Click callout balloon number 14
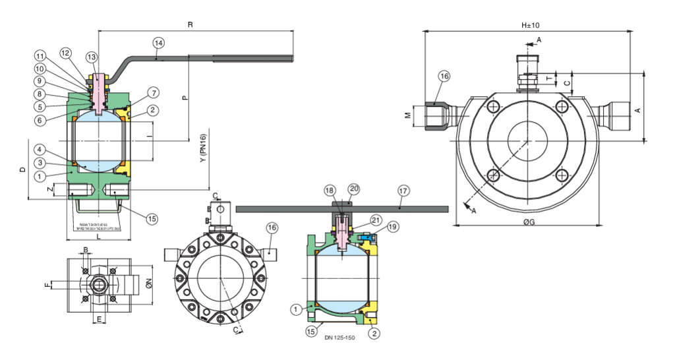(x=158, y=43)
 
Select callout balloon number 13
(x=92, y=57)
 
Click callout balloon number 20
(x=354, y=189)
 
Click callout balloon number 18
(x=330, y=191)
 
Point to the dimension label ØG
(x=529, y=223)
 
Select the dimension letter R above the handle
(x=191, y=24)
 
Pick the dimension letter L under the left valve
(x=98, y=235)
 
